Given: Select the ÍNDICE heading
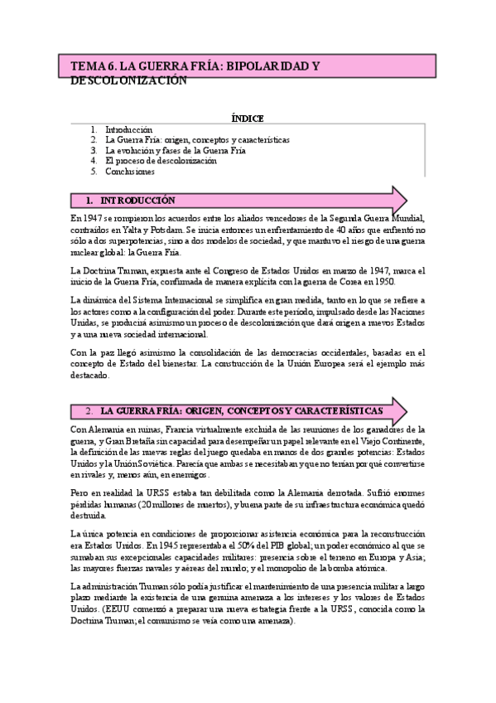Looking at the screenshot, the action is pos(248,118).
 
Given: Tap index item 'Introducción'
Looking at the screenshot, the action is pos(129,129).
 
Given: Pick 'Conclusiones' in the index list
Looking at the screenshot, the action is pos(130,172).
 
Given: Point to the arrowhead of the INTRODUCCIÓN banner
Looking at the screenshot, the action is pos(399,201).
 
